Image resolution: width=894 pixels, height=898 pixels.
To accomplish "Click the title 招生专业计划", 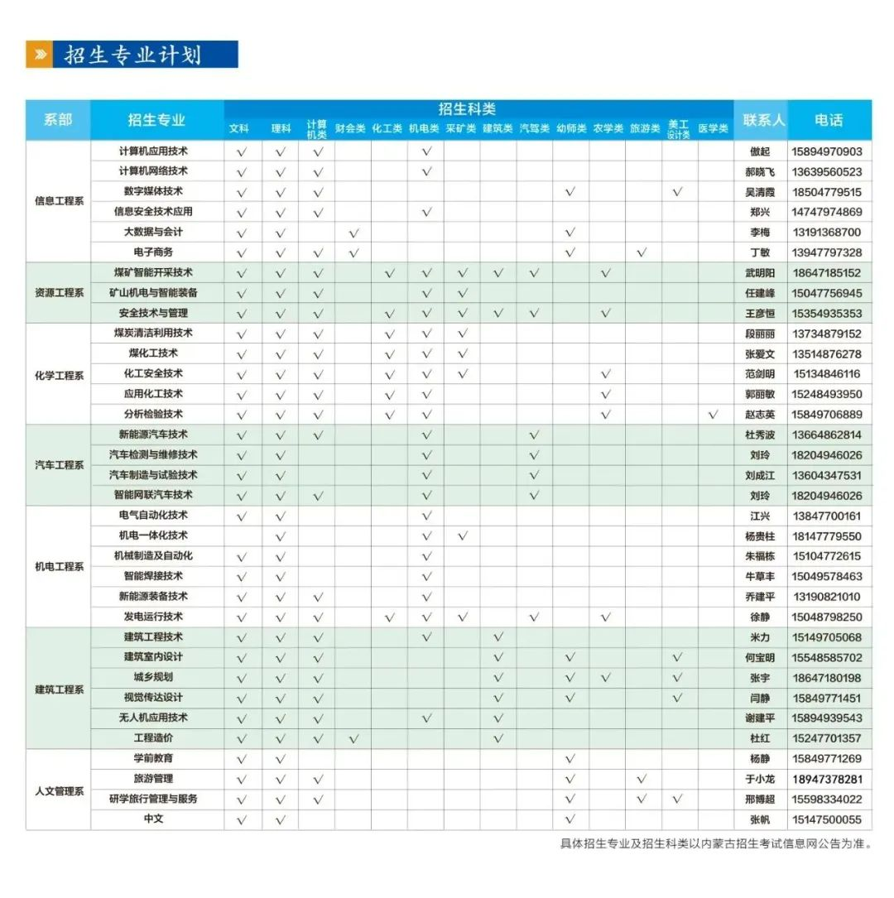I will [x=132, y=55].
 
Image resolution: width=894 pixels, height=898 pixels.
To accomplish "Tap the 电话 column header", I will [x=829, y=120].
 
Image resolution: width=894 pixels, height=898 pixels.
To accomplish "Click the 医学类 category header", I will [x=713, y=129].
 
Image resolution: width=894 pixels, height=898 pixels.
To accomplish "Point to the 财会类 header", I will [x=351, y=129].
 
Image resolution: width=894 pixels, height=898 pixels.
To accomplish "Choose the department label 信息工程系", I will [x=59, y=201].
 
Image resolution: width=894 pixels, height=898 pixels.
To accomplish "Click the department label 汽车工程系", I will [x=59, y=465].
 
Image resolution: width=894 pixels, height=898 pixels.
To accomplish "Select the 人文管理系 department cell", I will [x=59, y=790].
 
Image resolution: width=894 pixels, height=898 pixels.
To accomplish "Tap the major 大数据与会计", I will [x=154, y=232].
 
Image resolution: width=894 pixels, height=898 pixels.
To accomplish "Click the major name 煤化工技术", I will [x=154, y=353].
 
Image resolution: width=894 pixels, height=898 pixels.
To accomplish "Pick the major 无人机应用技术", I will [x=154, y=718].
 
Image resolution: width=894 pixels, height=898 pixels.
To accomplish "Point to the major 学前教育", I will [x=154, y=758].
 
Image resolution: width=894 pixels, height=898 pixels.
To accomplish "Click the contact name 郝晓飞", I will [x=760, y=172].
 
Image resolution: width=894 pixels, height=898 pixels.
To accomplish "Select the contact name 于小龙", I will [x=760, y=780].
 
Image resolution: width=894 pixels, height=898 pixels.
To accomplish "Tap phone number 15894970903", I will [x=827, y=151].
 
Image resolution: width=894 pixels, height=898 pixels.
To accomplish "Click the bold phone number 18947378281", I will [x=827, y=780].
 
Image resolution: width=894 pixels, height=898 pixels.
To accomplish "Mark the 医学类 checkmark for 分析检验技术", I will [x=714, y=415].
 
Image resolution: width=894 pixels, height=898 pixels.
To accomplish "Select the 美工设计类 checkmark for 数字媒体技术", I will [x=678, y=192].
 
